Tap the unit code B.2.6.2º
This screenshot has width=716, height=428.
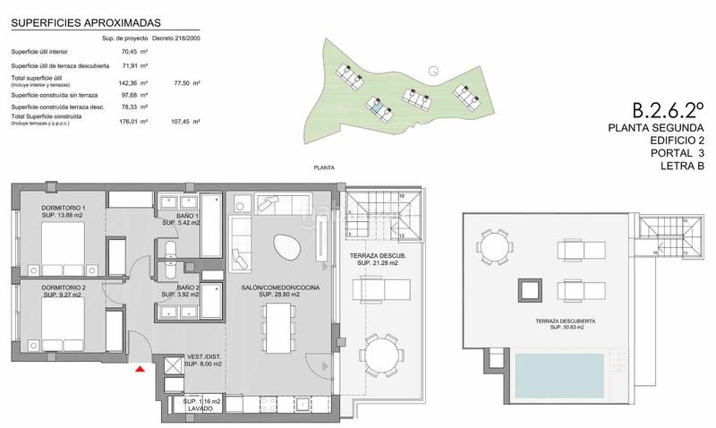[x=668, y=111]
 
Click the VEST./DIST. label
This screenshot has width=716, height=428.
[x=202, y=358]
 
